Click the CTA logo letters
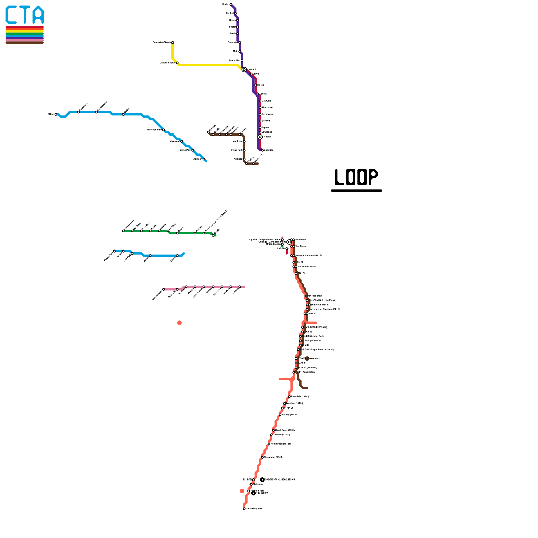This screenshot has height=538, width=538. click(25, 15)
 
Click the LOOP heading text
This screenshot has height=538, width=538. click(356, 177)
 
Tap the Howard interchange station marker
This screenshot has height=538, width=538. click(244, 70)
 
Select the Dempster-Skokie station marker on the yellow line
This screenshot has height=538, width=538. click(172, 43)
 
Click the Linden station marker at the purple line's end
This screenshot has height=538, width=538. click(231, 4)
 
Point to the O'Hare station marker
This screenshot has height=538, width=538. click(56, 114)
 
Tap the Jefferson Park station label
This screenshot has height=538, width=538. click(154, 130)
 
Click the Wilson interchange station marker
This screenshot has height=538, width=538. click(260, 137)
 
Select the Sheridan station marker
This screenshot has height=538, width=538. click(262, 150)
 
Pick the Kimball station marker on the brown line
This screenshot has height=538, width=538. click(208, 132)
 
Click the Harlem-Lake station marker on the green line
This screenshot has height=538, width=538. click(123, 231)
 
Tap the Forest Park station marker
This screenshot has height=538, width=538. click(114, 251)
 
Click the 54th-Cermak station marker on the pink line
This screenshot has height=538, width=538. click(164, 289)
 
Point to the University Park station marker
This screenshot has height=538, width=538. click(244, 509)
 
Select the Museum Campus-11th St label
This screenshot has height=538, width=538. click(309, 256)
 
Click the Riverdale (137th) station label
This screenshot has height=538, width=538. click(300, 397)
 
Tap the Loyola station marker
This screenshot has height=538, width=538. click(258, 94)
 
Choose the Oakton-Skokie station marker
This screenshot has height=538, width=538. click(177, 63)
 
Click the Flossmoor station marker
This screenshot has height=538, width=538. click(262, 457)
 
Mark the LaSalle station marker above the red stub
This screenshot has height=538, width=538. click(287, 249)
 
